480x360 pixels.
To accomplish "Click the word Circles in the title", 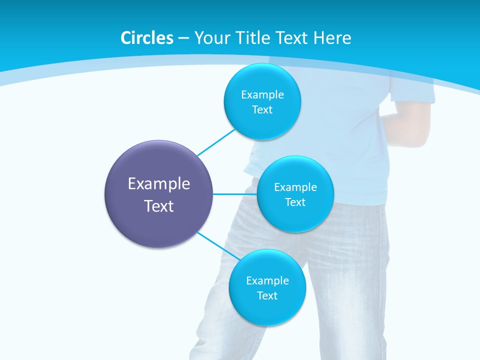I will tap(146, 38).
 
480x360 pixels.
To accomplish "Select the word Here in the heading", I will tap(332, 38).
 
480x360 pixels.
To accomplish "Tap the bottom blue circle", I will tap(267, 310).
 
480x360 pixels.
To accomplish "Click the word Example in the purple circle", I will tap(158, 184).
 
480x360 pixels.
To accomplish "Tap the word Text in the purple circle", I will tap(158, 206).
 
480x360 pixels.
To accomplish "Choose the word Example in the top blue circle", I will tap(262, 95).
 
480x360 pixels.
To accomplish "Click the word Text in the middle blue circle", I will tap(295, 202).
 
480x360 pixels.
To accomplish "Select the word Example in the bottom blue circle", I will tap(267, 280).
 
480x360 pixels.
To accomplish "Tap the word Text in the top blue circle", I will tap(262, 110).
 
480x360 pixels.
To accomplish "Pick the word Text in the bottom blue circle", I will tap(267, 295).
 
